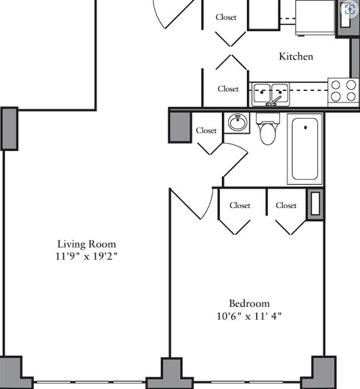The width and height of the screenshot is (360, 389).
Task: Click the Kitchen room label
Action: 296,56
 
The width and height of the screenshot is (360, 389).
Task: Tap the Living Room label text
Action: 87,244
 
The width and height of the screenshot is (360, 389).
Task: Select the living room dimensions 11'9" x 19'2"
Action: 86,256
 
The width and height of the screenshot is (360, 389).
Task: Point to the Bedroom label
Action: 249,303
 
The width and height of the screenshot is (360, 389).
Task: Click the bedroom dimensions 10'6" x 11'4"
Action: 249,316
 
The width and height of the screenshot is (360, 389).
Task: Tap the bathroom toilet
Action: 268,129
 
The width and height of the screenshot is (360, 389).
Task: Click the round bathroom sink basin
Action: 238,122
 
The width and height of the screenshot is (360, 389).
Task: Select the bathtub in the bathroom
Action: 305,149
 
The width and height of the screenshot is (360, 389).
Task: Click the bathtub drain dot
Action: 305,128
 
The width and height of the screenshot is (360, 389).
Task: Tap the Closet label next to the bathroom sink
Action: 206,130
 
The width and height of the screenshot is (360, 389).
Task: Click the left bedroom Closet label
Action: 240,205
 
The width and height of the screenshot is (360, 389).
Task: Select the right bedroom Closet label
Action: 286,205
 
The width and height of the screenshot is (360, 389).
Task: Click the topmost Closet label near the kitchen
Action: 226,17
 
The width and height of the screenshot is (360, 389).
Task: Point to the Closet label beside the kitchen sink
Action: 228,89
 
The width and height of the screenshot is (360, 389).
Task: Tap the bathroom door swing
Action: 236,160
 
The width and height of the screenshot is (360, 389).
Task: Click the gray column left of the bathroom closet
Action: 180,128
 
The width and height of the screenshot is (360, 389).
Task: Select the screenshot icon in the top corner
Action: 350,10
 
